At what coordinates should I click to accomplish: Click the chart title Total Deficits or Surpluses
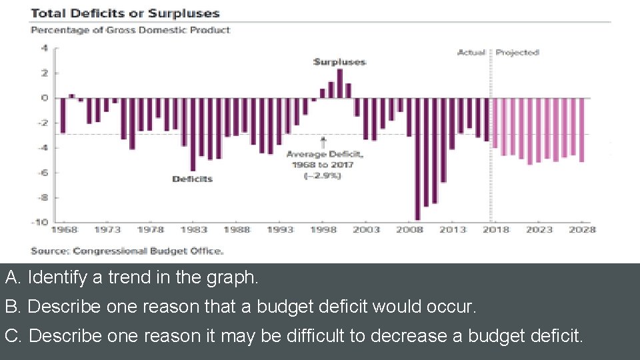125,13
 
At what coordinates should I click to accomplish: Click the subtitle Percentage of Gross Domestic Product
131,30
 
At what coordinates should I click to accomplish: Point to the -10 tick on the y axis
41,222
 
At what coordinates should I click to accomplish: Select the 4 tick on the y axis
45,48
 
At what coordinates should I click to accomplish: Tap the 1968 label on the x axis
64,230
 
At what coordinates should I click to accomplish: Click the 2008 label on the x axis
409,230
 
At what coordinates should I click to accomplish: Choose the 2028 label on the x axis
581,230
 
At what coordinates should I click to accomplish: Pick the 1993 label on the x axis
280,230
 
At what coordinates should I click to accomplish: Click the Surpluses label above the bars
339,62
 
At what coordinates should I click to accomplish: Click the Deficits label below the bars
192,179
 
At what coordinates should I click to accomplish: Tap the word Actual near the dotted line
471,53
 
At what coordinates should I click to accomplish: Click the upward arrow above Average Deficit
323,142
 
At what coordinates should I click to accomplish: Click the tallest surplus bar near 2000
339,83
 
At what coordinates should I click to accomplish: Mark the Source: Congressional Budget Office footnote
127,251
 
